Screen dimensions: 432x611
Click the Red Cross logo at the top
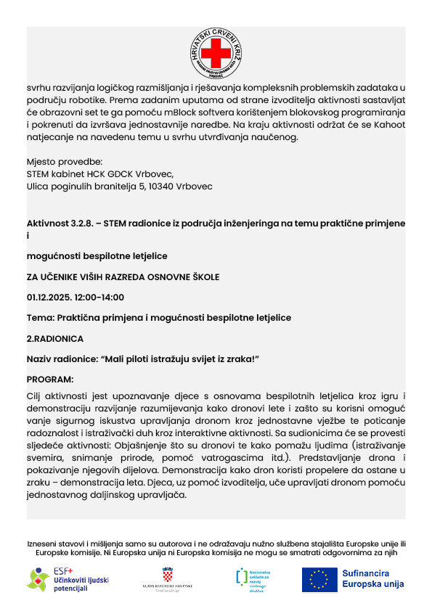tap(216, 54)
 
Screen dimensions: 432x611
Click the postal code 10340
tap(165, 186)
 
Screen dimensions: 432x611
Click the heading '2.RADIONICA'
tap(55, 338)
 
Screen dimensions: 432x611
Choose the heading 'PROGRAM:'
tap(50, 379)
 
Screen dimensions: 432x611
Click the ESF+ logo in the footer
tap(68, 579)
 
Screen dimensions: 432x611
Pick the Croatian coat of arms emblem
tap(168, 574)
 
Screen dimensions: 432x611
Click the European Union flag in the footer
tap(319, 579)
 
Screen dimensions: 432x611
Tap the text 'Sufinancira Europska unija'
tap(372, 579)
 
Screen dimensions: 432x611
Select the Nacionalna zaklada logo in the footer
tap(251, 580)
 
